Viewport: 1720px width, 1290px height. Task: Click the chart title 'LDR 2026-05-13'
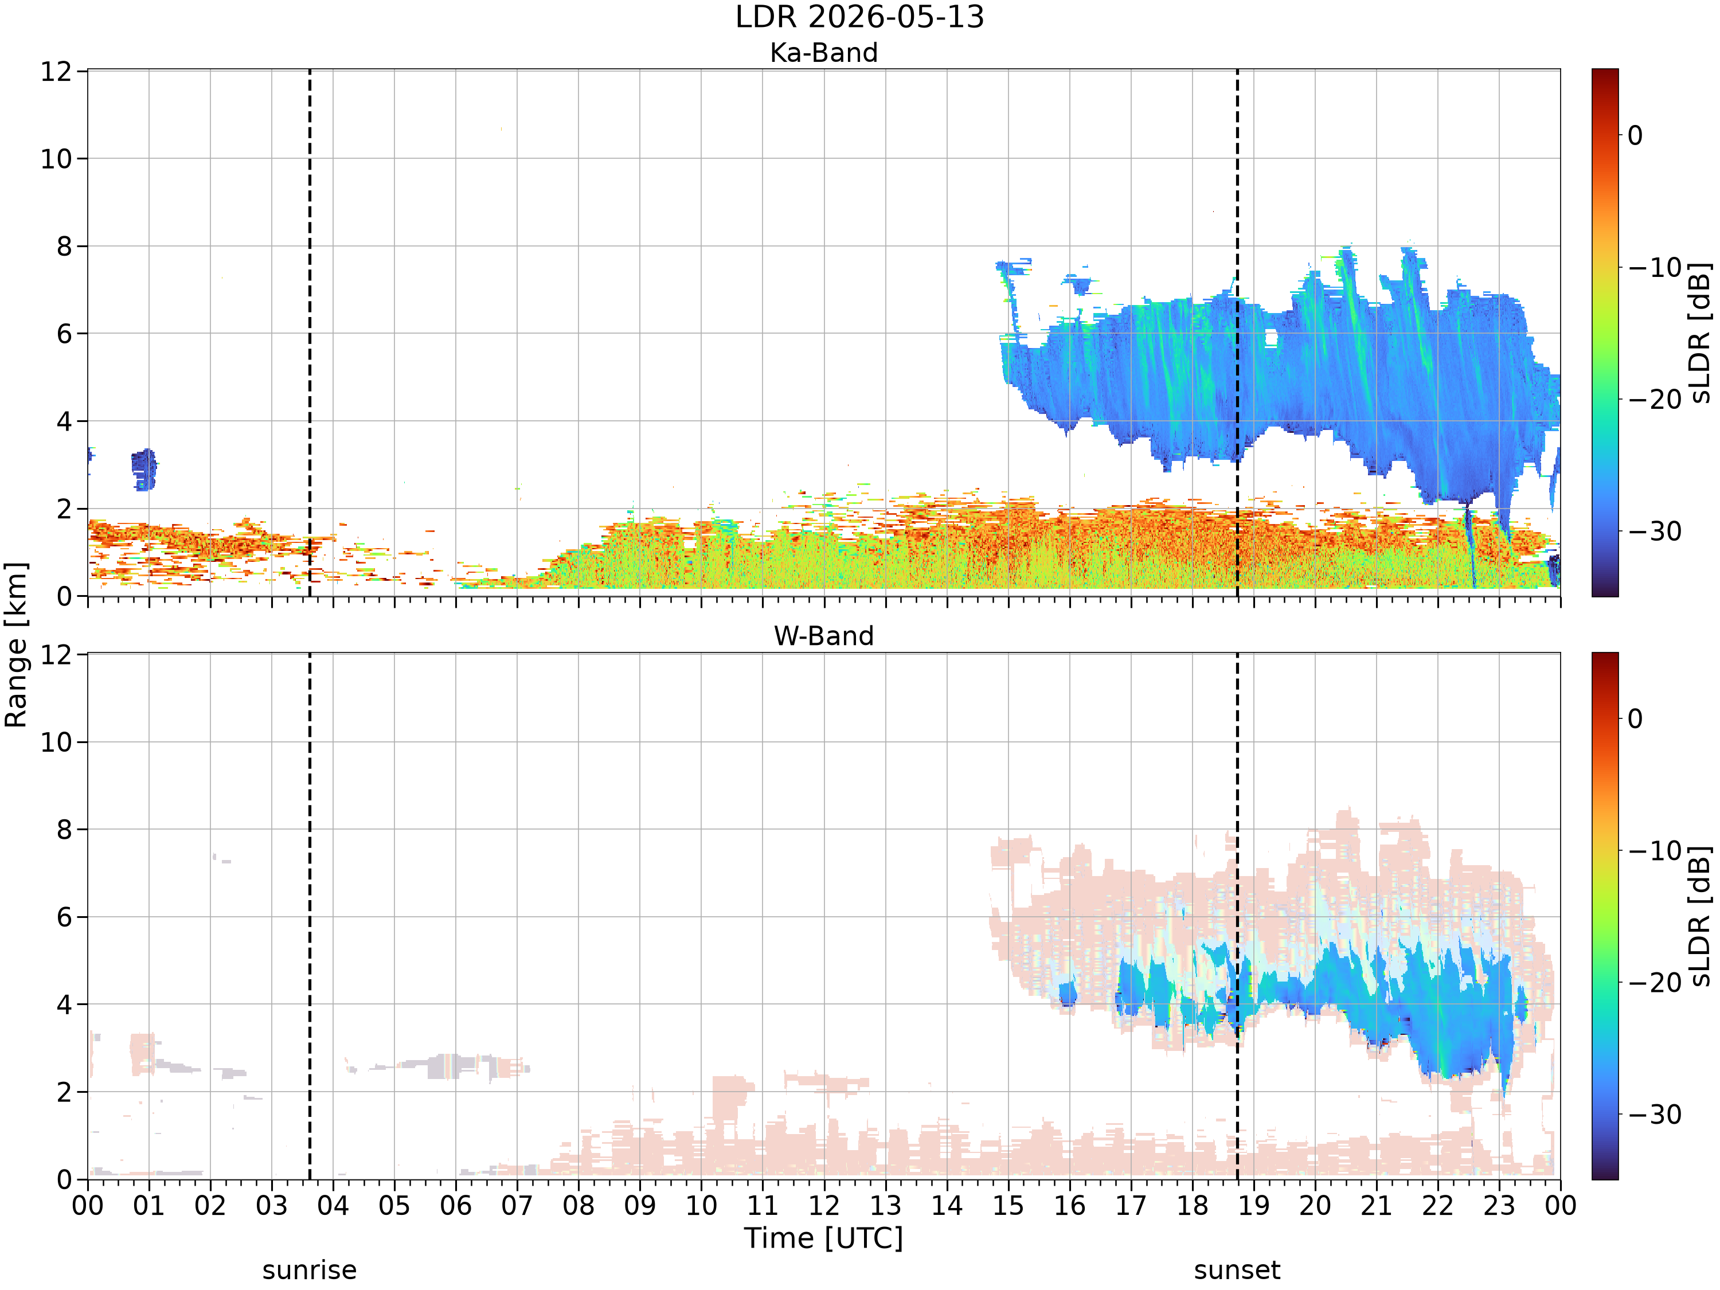pos(859,17)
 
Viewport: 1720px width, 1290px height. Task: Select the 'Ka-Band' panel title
pos(823,53)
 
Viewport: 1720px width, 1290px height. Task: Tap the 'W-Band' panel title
pos(823,636)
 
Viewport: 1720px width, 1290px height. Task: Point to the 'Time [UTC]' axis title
pos(823,1238)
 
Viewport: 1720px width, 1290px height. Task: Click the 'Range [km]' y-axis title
pos(15,644)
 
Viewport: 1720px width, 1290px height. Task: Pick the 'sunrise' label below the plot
pos(310,1271)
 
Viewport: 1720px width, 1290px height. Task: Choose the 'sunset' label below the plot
pos(1237,1271)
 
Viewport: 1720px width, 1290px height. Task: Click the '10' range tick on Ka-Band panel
pos(56,159)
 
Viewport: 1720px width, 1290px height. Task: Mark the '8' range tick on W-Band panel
pos(65,830)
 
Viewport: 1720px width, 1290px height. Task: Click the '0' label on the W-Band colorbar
pos(1635,718)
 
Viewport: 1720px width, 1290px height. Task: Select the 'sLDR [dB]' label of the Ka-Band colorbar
pos(1701,333)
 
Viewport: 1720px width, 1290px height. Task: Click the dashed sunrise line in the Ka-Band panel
pos(310,333)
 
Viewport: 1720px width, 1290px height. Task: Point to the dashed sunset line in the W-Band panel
pos(1237,916)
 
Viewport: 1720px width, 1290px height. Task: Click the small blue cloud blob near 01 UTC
pos(144,470)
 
